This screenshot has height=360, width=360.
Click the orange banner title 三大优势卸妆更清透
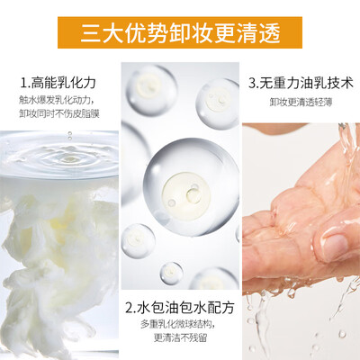click(180, 32)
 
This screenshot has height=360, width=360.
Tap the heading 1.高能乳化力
click(58, 83)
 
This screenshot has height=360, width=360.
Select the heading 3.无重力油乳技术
click(301, 83)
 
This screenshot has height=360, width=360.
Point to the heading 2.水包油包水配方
click(180, 308)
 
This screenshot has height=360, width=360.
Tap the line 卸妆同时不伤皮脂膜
click(59, 114)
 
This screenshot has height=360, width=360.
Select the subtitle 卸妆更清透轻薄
click(301, 102)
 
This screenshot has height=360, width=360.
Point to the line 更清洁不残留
click(180, 337)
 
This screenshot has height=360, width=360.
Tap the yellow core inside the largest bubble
click(186, 192)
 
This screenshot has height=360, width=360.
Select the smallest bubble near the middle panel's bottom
click(171, 274)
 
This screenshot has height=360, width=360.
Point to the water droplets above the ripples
click(70, 136)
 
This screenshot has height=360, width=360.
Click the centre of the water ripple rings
click(69, 159)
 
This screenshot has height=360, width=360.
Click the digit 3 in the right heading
click(252, 83)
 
